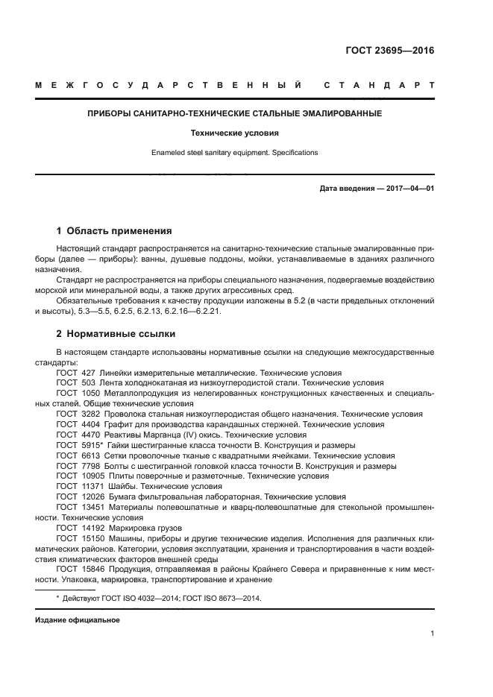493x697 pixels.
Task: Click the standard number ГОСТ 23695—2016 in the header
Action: click(390, 52)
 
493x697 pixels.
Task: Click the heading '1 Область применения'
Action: click(115, 230)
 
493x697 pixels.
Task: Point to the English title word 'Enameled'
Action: click(168, 153)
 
